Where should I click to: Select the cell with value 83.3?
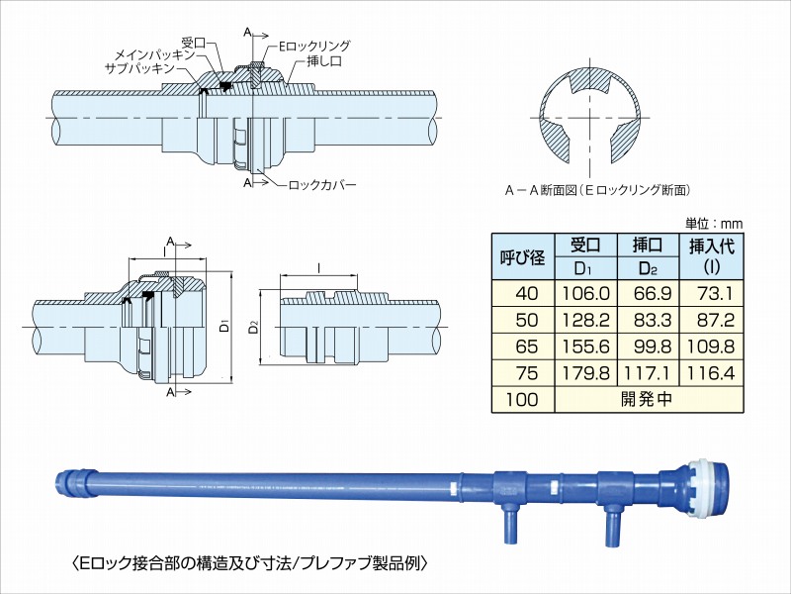coord(647,322)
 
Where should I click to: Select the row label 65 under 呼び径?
coord(524,347)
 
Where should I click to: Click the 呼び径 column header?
coord(524,257)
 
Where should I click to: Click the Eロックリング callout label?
coord(314,46)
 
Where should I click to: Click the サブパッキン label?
coord(139,69)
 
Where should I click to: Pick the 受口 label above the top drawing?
coord(193,43)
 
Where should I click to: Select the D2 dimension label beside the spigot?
coord(255,325)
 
